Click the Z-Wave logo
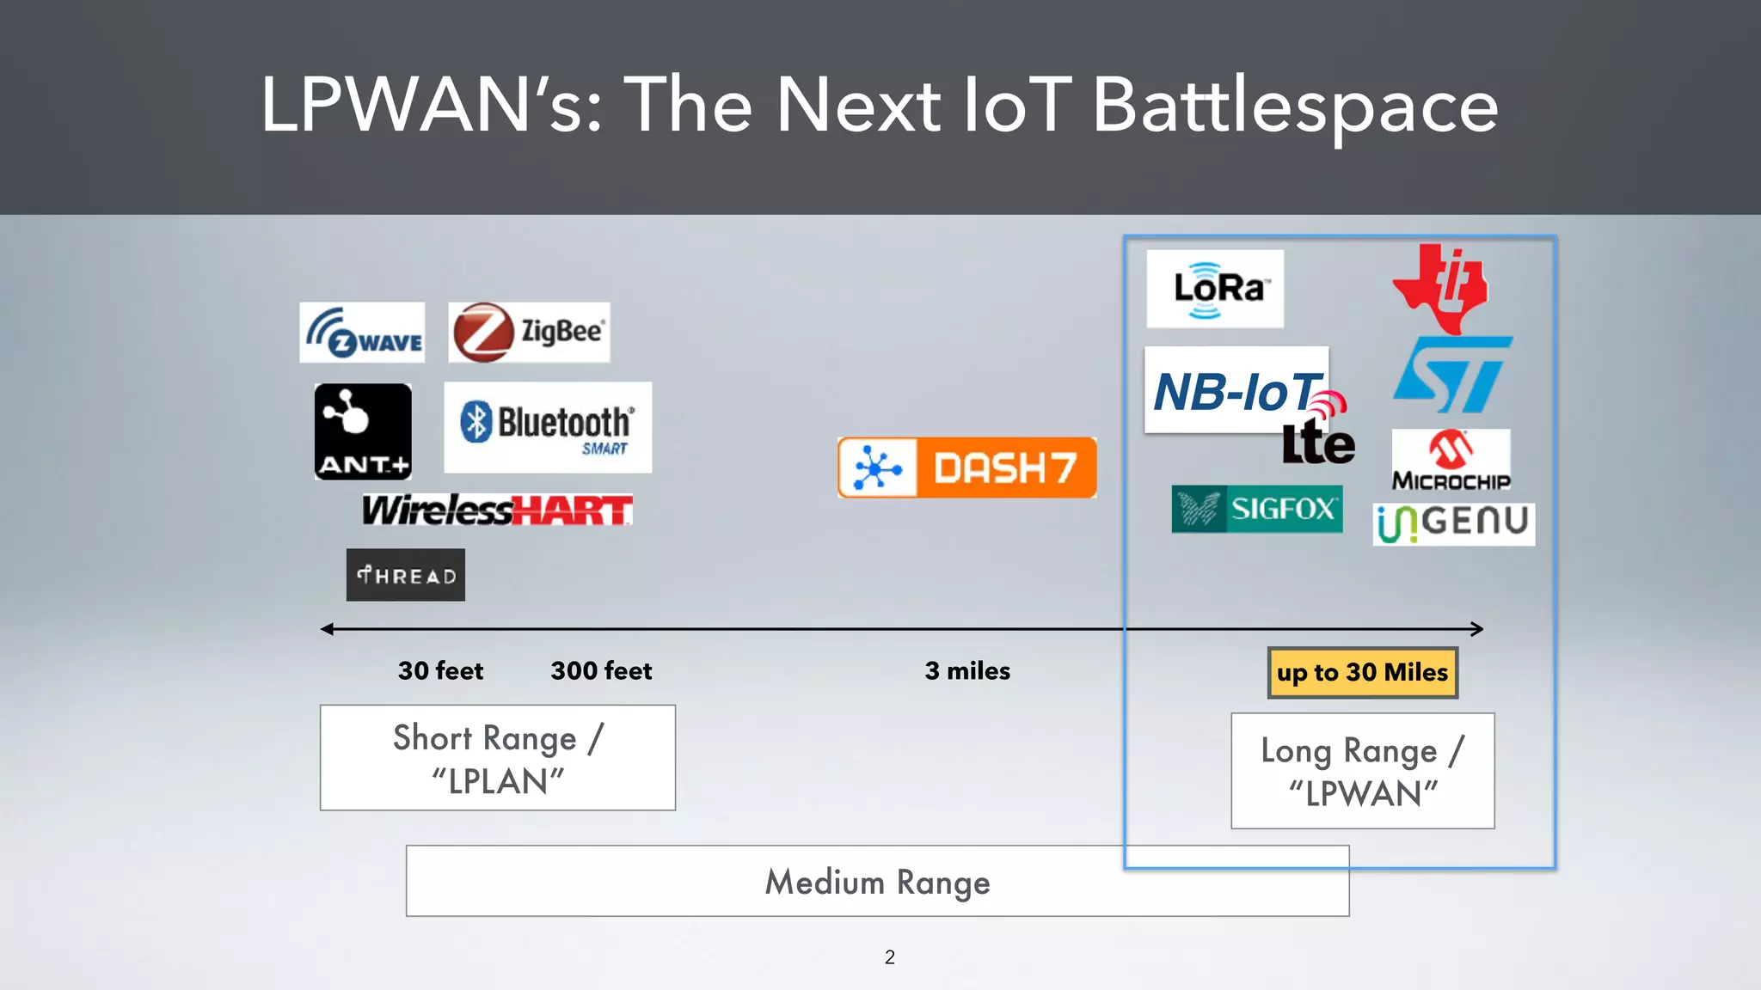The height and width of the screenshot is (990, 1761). (x=362, y=333)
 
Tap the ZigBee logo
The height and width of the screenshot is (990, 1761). (x=529, y=332)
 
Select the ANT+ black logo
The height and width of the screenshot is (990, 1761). (x=363, y=431)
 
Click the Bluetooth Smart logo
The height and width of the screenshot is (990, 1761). (x=548, y=427)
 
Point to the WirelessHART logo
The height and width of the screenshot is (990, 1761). (x=497, y=510)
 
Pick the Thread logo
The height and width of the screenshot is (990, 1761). (x=406, y=575)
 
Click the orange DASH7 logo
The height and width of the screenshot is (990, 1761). (x=966, y=467)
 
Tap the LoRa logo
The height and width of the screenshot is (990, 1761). (x=1215, y=289)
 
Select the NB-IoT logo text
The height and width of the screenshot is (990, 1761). (x=1235, y=391)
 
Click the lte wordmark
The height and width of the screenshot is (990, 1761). (x=1318, y=443)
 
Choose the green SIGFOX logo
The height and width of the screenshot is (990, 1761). (x=1256, y=509)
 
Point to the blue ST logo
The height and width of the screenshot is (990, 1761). (x=1452, y=374)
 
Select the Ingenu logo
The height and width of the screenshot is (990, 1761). (x=1453, y=523)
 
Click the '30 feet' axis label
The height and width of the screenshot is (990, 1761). (x=440, y=670)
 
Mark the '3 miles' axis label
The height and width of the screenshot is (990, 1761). (x=967, y=670)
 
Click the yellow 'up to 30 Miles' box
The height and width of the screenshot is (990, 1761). (x=1362, y=672)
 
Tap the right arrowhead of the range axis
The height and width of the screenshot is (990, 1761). (x=1478, y=629)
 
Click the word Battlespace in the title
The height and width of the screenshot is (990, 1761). (x=1295, y=106)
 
